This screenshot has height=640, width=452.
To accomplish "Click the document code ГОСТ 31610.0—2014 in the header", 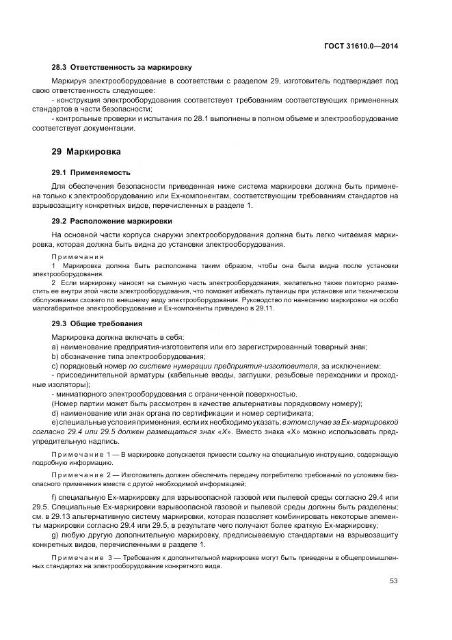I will [361, 46].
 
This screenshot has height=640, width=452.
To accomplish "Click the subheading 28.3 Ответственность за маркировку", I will [122, 67].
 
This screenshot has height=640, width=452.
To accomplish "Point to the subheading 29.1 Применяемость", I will [91, 172].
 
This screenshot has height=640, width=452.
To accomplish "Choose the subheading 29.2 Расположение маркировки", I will [112, 222].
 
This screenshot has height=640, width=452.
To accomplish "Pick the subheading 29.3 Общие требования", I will [97, 323].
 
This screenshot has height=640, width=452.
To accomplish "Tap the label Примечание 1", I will [77, 455].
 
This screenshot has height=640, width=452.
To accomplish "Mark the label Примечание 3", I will [77, 559].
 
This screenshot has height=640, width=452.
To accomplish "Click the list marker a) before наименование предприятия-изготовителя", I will [55, 347].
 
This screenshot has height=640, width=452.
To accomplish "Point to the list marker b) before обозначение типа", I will [55, 356].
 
